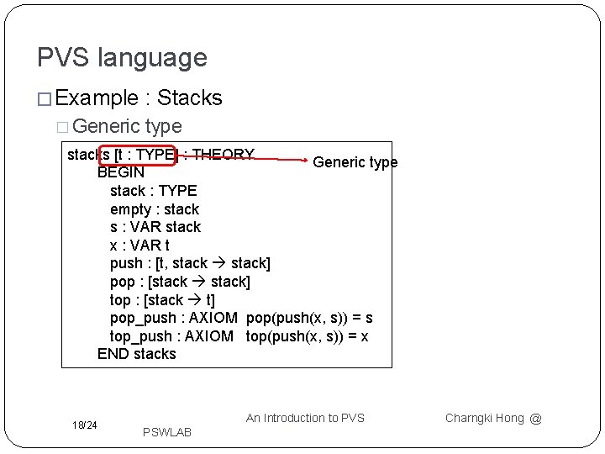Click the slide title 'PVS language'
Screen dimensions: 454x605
pyautogui.click(x=122, y=58)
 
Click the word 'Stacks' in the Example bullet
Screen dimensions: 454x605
pyautogui.click(x=190, y=98)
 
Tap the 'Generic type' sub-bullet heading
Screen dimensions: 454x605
pyautogui.click(x=127, y=126)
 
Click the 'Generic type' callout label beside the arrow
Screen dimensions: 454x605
pyautogui.click(x=355, y=162)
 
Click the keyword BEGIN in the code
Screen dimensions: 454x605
pyautogui.click(x=121, y=172)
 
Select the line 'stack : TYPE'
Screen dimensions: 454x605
pyautogui.click(x=153, y=191)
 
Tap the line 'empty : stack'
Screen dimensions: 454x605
pyautogui.click(x=155, y=209)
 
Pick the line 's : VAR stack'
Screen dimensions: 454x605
pyautogui.click(x=155, y=227)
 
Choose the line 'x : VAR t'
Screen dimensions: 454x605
pyautogui.click(x=139, y=245)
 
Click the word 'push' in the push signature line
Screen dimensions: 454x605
pyautogui.click(x=127, y=264)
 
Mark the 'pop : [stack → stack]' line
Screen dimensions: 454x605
pyautogui.click(x=180, y=282)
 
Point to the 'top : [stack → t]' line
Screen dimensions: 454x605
pyautogui.click(x=162, y=300)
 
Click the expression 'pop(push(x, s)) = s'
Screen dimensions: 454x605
pyautogui.click(x=309, y=318)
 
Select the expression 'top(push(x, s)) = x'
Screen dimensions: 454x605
pyautogui.click(x=308, y=336)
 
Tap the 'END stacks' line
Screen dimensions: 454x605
pyautogui.click(x=136, y=354)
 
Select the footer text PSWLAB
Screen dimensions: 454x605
pyautogui.click(x=167, y=432)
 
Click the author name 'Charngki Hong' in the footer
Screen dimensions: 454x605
pyautogui.click(x=484, y=418)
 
